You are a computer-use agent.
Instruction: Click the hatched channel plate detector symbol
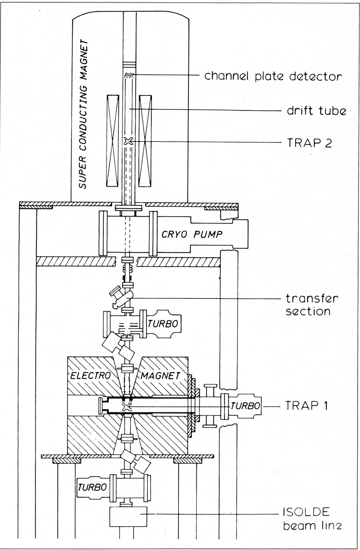pos(129,76)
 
